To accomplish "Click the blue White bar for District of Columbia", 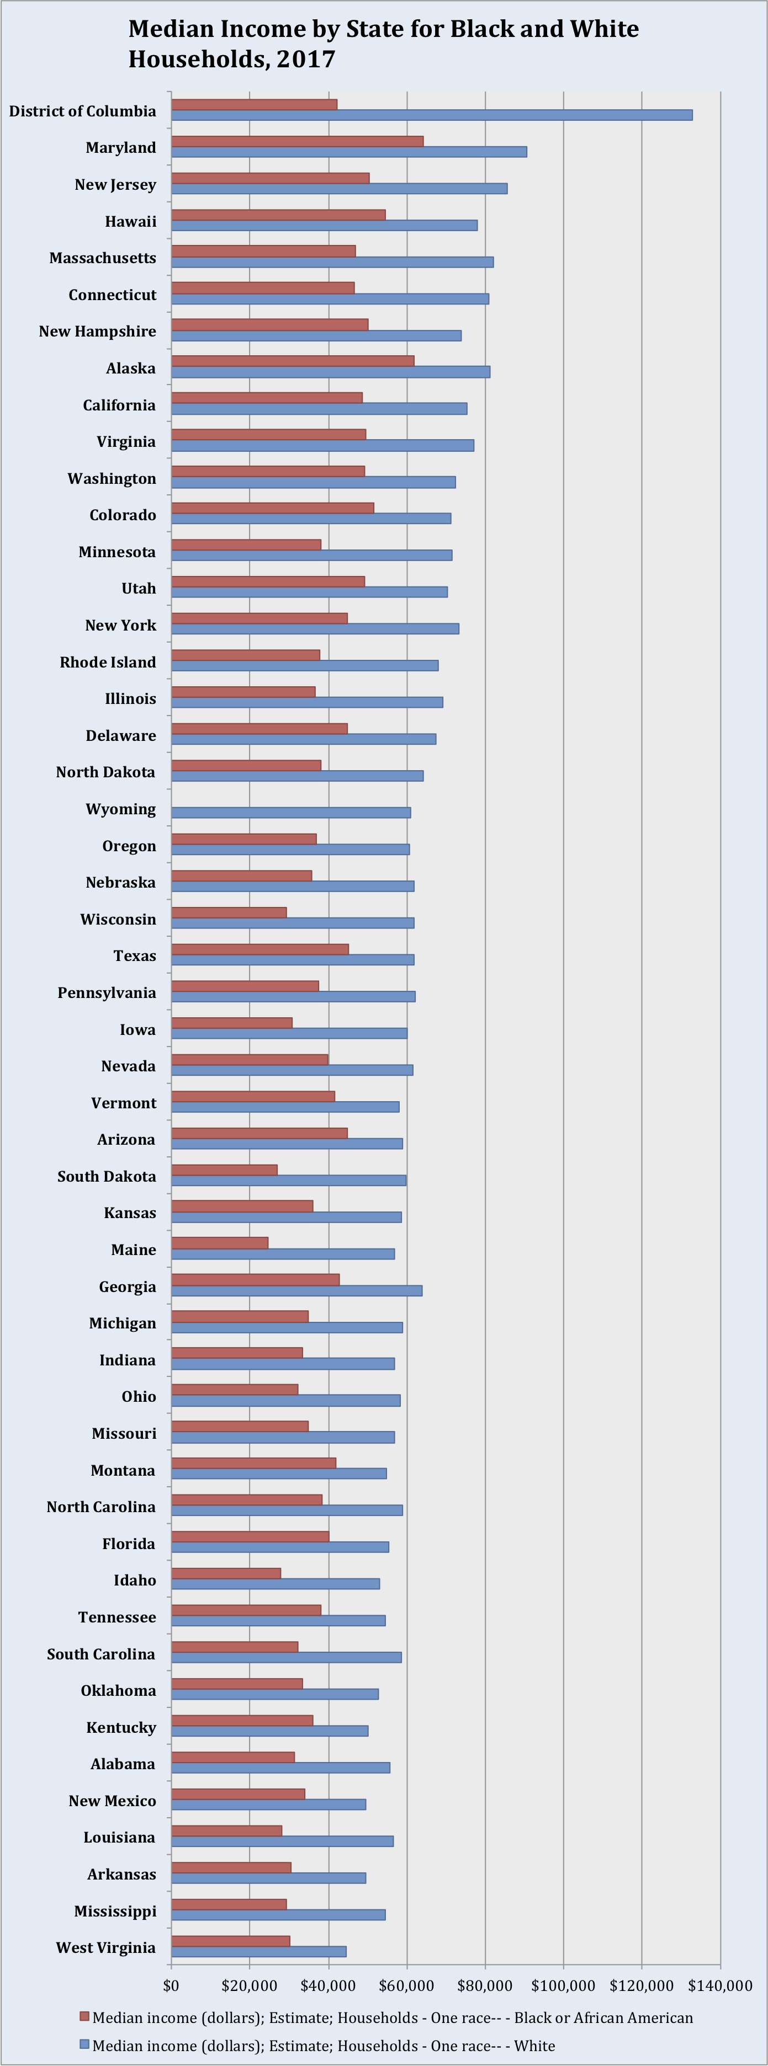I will (x=432, y=115).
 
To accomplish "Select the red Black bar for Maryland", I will (x=297, y=141).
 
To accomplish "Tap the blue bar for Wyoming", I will (x=290, y=813).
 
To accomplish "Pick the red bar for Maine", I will (x=219, y=1242).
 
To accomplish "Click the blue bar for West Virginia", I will (x=258, y=1951).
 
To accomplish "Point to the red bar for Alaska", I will (x=293, y=361).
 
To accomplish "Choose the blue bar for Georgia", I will (x=297, y=1290).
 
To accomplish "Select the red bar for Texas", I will (x=260, y=949).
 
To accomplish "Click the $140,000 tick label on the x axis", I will (x=721, y=1986).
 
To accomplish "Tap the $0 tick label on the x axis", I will (x=171, y=1986).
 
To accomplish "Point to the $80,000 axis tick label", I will (x=485, y=1986).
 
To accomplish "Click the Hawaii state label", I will (x=131, y=221).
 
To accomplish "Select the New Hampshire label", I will (x=97, y=331).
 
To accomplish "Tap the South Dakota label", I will (x=106, y=1177).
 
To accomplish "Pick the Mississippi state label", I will (x=115, y=1911).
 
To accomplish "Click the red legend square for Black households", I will (x=84, y=2016).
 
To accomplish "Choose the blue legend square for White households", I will (x=84, y=2044).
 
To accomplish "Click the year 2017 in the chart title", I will (x=306, y=60).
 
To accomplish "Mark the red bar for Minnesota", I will (x=246, y=544).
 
